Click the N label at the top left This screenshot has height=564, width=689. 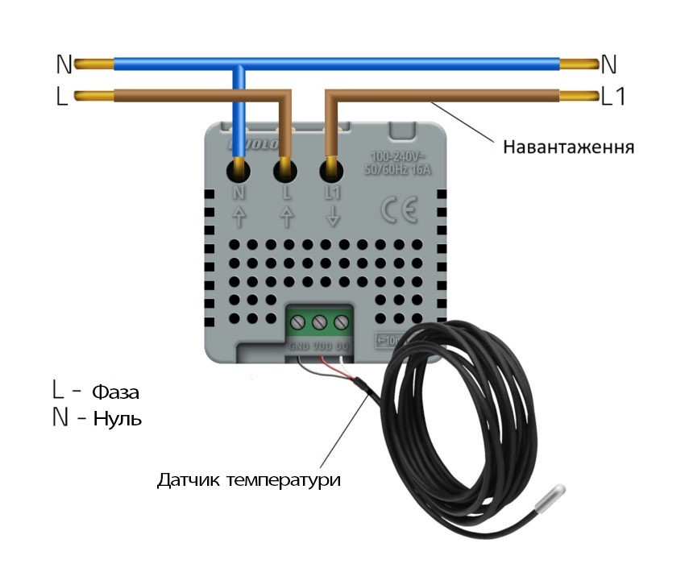(x=64, y=64)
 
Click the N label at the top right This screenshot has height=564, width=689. (x=609, y=64)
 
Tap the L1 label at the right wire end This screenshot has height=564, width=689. (x=613, y=97)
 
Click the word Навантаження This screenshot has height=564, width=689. (x=569, y=147)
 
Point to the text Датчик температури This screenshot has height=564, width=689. (x=249, y=480)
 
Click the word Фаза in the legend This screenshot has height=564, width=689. (x=116, y=393)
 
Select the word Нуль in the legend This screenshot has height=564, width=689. (x=118, y=419)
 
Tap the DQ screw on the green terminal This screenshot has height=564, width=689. (x=341, y=323)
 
